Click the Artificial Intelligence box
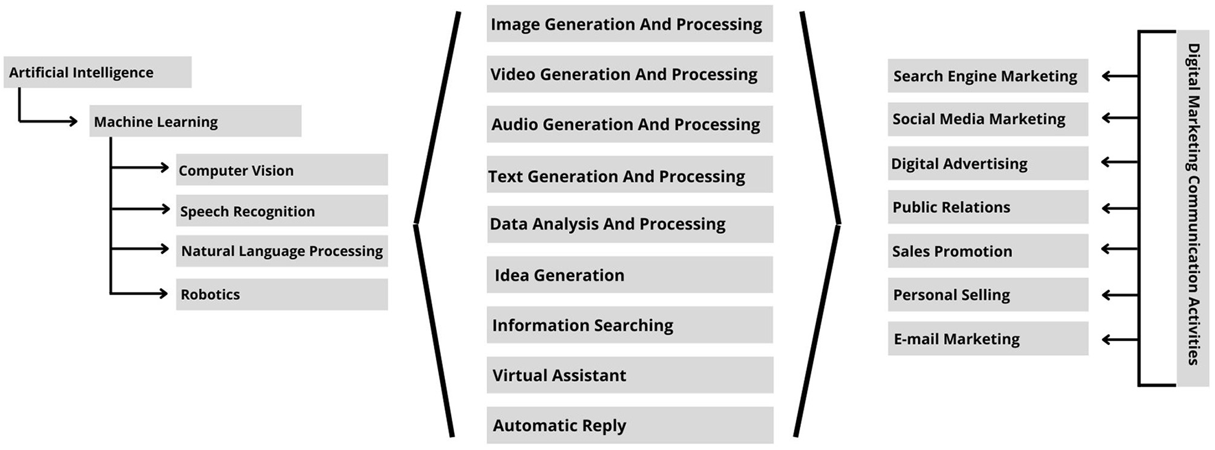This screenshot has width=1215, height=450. point(97,73)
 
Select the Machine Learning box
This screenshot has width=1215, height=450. point(195,121)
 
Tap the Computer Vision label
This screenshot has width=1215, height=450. point(236,171)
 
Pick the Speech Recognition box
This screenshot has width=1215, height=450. point(281,211)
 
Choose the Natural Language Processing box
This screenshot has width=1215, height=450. point(281,251)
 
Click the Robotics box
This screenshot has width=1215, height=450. point(281,294)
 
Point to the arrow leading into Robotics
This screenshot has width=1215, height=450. point(141,294)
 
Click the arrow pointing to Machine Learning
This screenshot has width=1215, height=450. point(51,121)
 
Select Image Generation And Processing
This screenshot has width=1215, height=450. point(629,24)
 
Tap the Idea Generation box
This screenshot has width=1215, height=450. point(629,275)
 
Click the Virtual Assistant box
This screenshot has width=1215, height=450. point(629,375)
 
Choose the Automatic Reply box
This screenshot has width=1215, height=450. point(629,425)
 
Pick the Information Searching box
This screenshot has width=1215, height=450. point(629,325)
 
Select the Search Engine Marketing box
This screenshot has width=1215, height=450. point(987,76)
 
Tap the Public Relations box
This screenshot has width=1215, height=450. point(987,207)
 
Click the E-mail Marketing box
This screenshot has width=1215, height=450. point(987,339)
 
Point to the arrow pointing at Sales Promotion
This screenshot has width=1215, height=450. point(1119,250)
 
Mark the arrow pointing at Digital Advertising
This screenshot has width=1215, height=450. point(1119,163)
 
